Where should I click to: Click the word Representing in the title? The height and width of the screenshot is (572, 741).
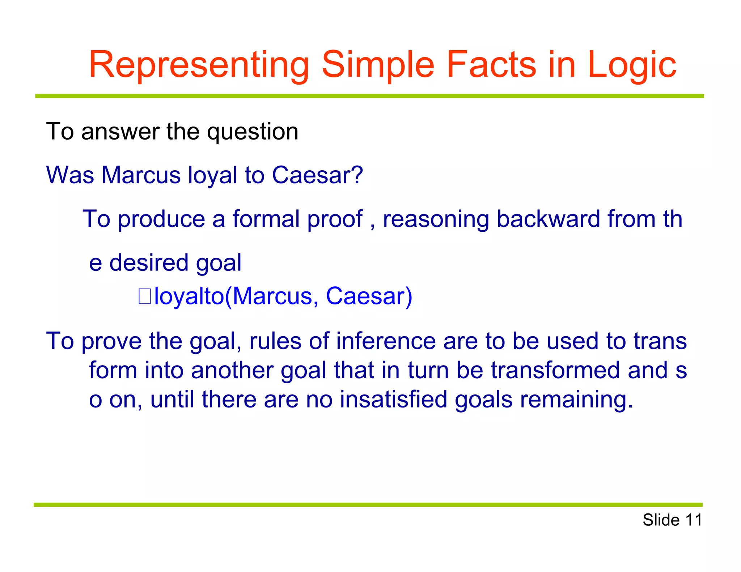click(199, 65)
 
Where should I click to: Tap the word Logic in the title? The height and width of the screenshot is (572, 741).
click(631, 65)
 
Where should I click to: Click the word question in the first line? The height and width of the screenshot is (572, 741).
click(253, 132)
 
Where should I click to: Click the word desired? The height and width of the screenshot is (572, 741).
click(149, 262)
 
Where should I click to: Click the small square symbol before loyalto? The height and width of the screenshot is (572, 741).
click(145, 296)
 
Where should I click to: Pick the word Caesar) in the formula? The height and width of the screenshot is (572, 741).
click(369, 296)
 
